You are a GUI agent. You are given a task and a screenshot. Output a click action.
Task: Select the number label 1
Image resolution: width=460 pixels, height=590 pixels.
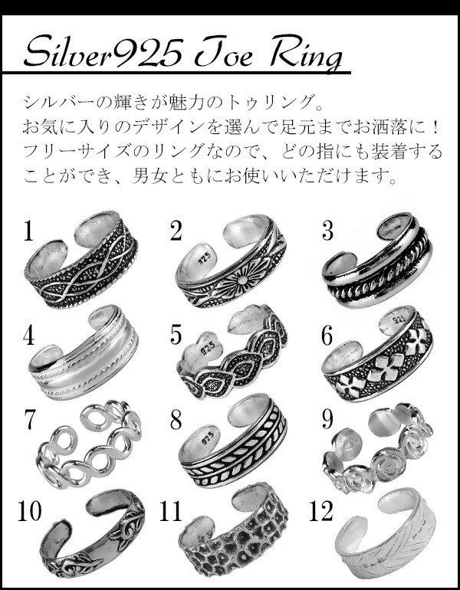[28, 231]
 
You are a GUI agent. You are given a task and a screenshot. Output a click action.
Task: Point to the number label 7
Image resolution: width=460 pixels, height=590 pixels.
[29, 419]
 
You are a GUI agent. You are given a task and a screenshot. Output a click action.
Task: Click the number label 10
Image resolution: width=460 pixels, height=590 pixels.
[30, 511]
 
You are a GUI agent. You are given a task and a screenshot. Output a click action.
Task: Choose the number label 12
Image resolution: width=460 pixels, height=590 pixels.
[321, 511]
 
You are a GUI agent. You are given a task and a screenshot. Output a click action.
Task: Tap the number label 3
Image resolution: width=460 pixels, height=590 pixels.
[327, 231]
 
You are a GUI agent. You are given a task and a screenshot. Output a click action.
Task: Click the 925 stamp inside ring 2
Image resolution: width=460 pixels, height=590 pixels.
[205, 258]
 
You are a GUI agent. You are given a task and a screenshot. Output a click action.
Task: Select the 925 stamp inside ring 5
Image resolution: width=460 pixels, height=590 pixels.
[208, 348]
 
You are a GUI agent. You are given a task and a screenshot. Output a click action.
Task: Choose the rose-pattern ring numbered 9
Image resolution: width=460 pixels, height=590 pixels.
[377, 448]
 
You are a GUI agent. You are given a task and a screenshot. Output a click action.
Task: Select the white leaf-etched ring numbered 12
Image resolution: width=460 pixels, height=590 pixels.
[386, 535]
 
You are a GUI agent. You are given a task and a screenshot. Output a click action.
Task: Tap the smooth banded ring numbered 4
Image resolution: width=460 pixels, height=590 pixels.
[84, 352]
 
